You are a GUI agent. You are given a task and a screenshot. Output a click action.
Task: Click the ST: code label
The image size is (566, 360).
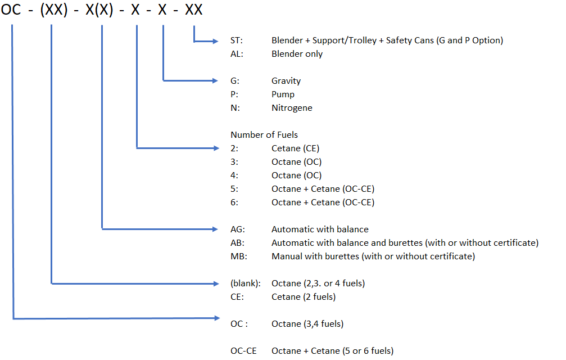[237, 40]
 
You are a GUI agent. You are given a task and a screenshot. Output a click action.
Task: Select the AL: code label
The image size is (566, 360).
[237, 54]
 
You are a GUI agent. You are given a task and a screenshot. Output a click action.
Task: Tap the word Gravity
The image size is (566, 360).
[286, 81]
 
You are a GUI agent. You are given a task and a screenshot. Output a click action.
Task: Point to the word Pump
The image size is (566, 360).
[283, 94]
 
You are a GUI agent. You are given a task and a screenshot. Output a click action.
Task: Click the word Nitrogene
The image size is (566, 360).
[292, 108]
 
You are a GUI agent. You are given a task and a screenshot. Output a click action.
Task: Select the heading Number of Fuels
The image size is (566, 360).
[264, 134]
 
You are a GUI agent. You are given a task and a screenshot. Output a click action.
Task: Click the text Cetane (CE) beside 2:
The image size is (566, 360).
[295, 148]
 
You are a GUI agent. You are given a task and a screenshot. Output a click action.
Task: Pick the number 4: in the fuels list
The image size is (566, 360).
[234, 175]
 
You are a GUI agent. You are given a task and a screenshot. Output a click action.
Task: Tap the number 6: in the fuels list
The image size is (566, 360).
[234, 202]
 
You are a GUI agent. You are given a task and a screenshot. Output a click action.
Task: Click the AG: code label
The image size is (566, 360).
[238, 229]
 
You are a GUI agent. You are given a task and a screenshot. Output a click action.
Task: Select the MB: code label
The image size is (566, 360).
[239, 256]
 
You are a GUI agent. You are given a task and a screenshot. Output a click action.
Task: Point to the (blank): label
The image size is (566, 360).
[246, 283]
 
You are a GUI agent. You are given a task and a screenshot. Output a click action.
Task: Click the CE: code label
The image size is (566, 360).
[237, 297]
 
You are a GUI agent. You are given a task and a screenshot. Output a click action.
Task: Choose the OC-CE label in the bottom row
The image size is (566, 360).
[243, 351]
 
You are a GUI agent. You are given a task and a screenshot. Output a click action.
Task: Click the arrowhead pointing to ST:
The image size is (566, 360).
[215, 41]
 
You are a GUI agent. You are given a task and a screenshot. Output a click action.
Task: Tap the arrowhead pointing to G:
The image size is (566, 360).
[215, 80]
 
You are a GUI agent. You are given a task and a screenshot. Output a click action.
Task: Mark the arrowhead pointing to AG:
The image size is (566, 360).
[215, 229]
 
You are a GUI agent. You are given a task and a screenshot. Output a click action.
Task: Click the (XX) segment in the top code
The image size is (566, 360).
[54, 10]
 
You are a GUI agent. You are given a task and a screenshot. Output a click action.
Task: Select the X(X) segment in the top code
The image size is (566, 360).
[99, 10]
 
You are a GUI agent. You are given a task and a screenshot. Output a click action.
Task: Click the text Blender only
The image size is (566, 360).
[297, 54]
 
